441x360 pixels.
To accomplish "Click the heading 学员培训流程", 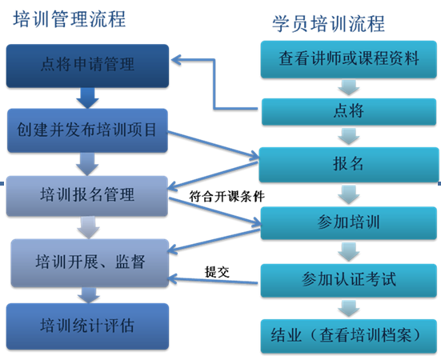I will click(x=328, y=23).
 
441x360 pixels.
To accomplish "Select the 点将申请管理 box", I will click(x=87, y=65).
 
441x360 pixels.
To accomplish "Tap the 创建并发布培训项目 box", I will click(x=87, y=130).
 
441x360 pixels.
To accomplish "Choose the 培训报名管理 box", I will click(x=87, y=194).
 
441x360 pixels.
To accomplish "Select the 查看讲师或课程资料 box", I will click(x=348, y=58).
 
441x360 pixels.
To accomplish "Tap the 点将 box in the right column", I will click(x=348, y=110).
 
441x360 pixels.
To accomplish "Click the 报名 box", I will click(x=348, y=164).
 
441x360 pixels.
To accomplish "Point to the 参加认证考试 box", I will click(x=348, y=279).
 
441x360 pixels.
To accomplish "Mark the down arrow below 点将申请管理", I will click(x=87, y=98).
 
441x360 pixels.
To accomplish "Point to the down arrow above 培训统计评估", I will click(x=87, y=294).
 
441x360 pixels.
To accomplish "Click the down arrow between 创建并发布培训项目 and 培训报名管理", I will click(x=87, y=163).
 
